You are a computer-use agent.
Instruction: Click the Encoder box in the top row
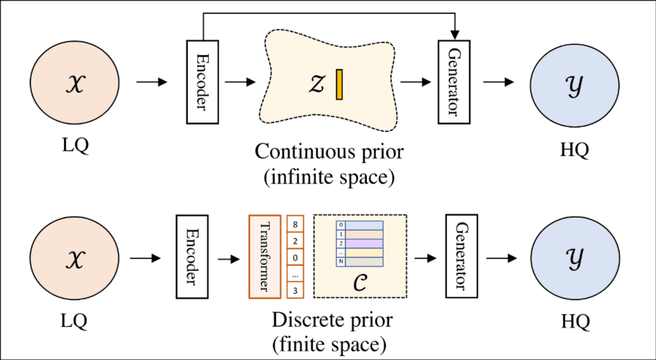(x=202, y=82)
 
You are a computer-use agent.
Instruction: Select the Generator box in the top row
(x=453, y=82)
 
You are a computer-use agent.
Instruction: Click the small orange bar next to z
(x=340, y=84)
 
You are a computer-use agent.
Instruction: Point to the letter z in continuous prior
(x=316, y=84)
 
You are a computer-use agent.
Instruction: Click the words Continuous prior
(x=329, y=152)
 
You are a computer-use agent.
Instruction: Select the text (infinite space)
(x=329, y=177)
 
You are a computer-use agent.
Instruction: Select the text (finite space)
(x=329, y=345)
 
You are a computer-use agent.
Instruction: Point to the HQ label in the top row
(x=575, y=150)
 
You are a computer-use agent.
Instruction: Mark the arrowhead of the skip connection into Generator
(x=453, y=33)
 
